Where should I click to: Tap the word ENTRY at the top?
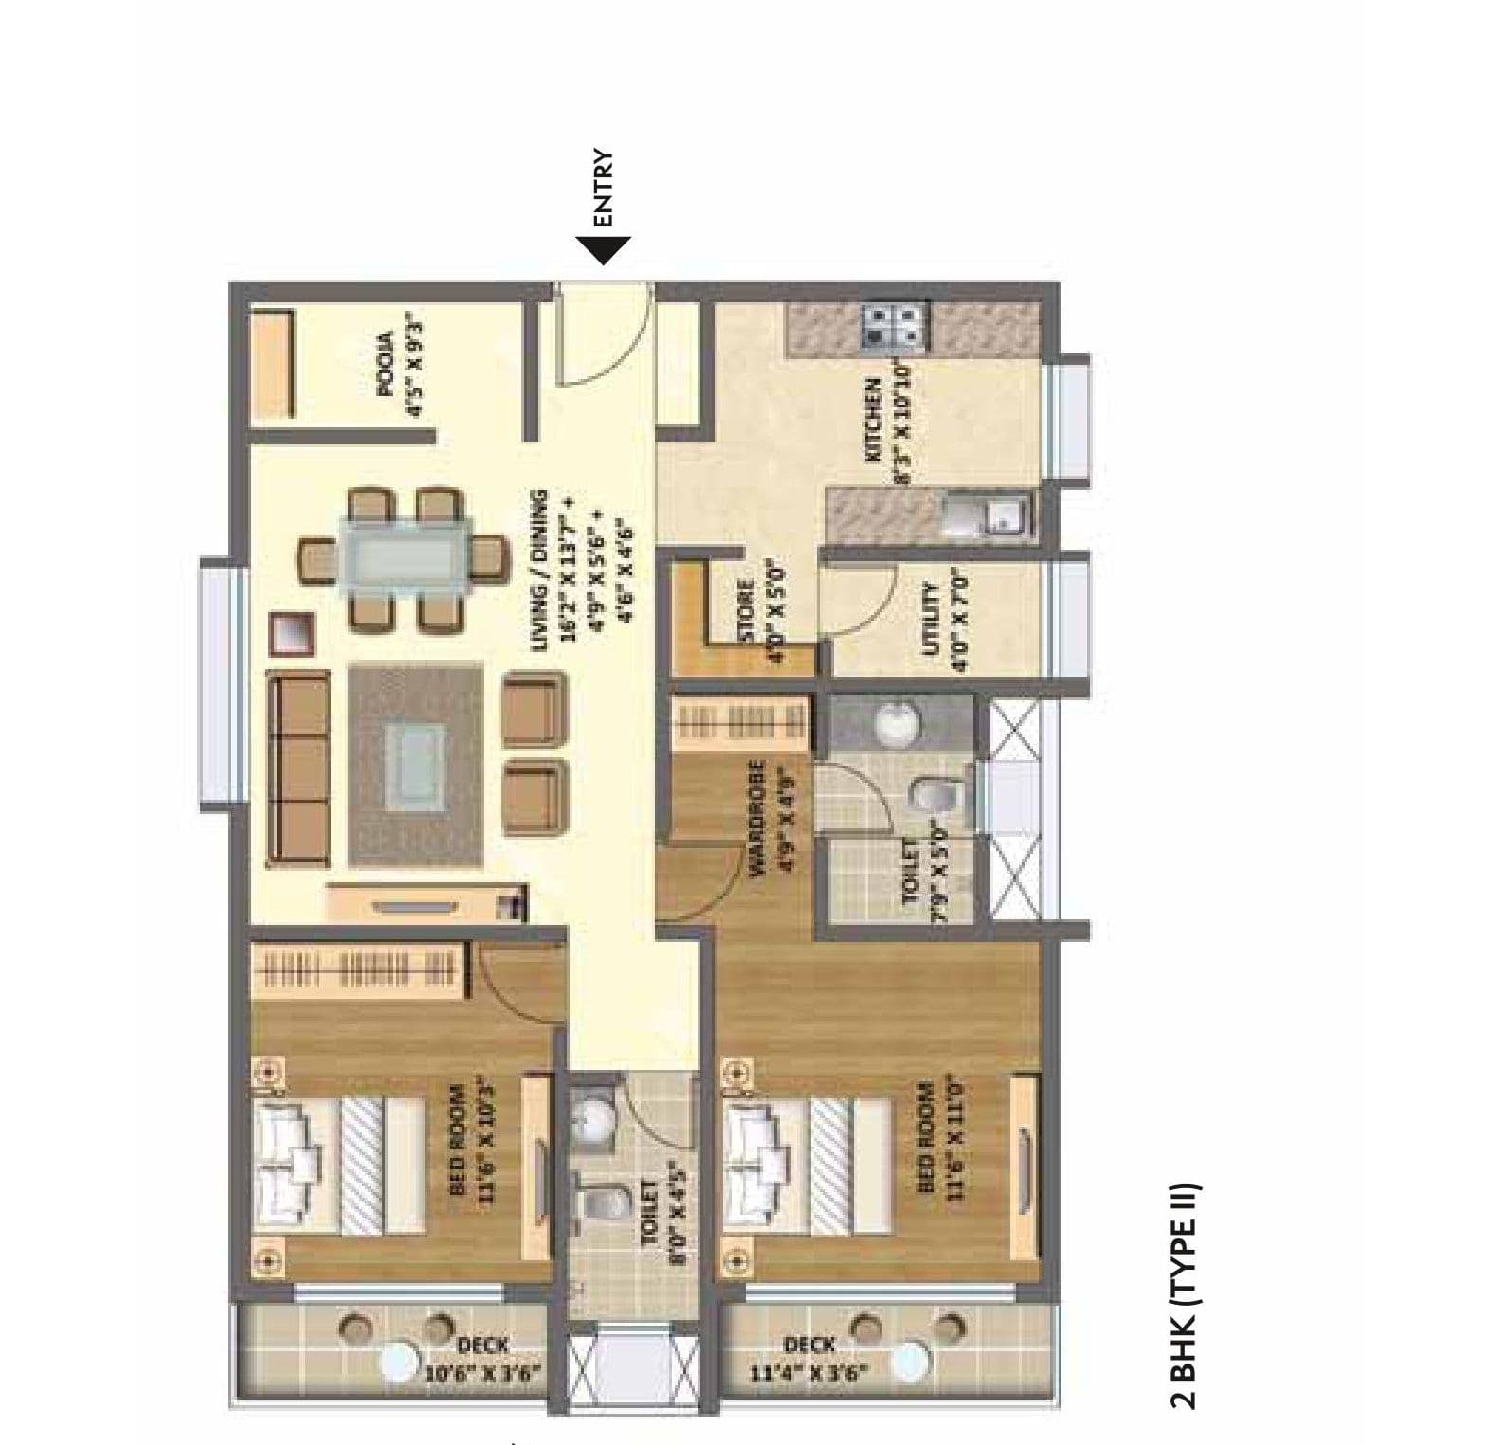click(x=604, y=189)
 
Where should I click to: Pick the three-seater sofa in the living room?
click(x=299, y=768)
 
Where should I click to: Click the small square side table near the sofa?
click(x=292, y=633)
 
